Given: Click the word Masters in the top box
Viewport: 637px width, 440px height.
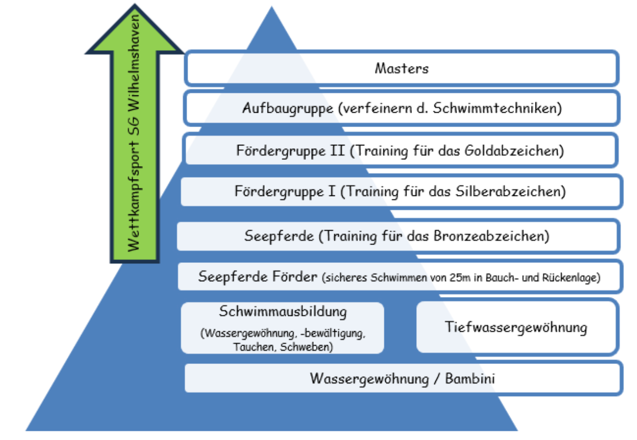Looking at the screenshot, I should (x=401, y=68).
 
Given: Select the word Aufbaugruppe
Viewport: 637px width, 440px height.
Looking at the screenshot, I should (x=287, y=108).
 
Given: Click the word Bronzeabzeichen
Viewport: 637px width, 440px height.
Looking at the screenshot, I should (x=491, y=236).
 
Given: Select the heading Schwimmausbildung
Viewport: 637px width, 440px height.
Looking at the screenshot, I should (x=282, y=311).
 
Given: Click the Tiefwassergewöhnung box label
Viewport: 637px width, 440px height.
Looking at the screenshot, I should (x=516, y=327).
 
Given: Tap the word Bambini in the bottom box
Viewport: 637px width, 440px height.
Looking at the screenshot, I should (x=470, y=378).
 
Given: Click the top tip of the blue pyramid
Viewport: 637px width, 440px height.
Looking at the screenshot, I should (x=272, y=8).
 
